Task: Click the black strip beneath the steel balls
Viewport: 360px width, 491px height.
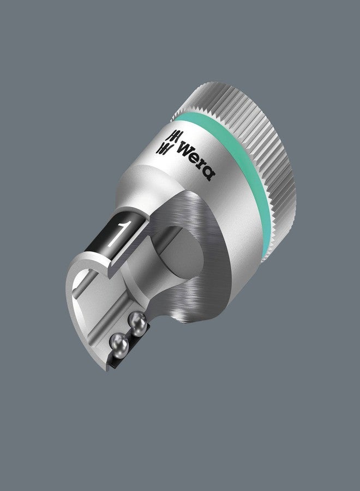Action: pos(123,360)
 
